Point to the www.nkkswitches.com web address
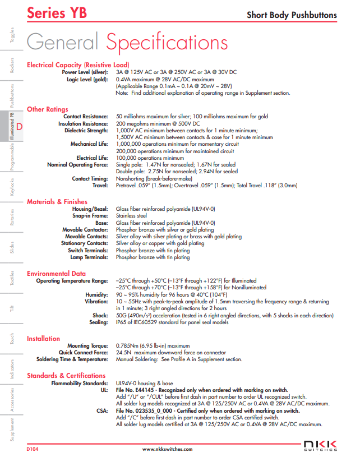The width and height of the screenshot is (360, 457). (168, 449)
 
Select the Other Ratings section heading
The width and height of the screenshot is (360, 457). (48, 109)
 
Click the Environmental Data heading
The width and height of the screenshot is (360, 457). (57, 274)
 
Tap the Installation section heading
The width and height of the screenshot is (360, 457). (43, 339)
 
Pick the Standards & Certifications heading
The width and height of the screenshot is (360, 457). (66, 376)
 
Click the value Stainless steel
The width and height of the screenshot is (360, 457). (131, 215)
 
